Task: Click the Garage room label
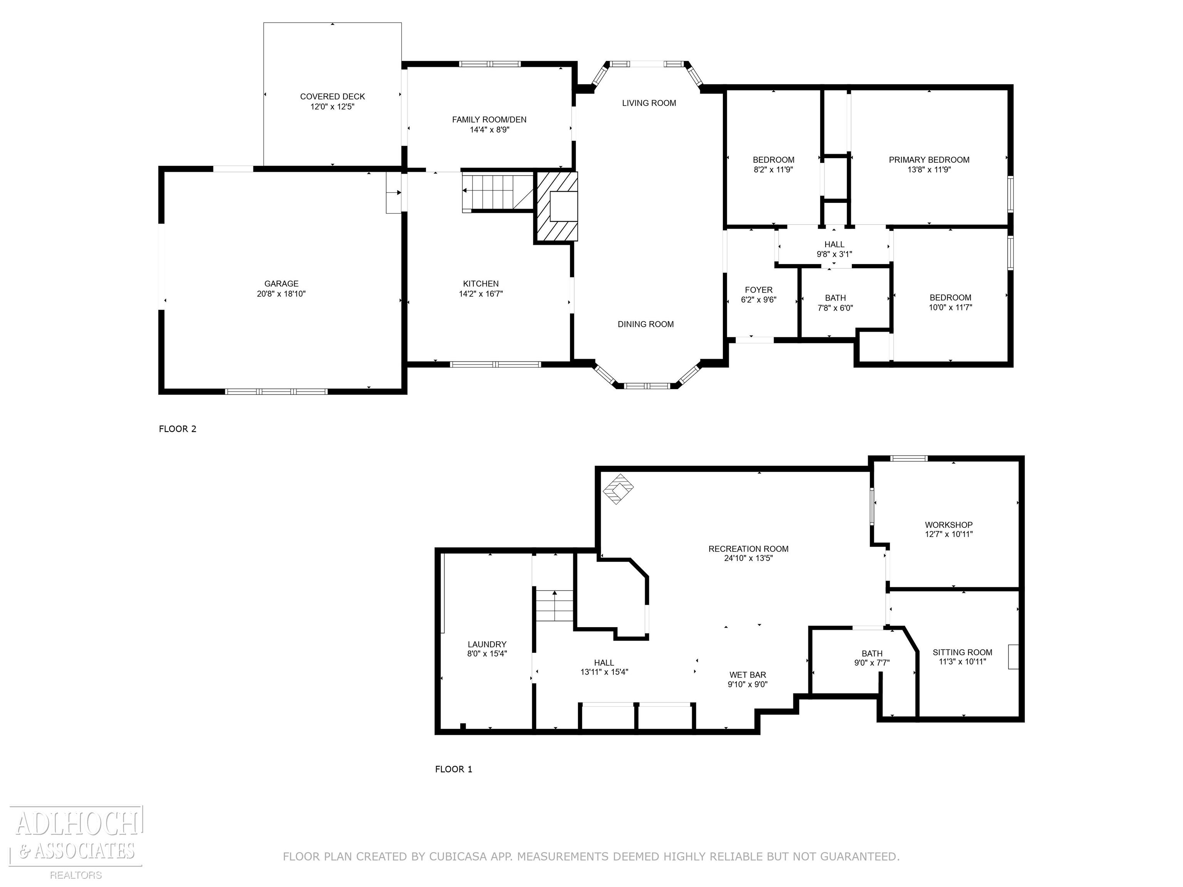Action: point(282,283)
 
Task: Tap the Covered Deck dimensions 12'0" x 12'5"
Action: point(333,106)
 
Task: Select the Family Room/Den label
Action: point(489,120)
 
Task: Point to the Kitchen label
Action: point(481,283)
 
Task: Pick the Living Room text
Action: point(649,103)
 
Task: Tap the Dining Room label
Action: point(645,324)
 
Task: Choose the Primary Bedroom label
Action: point(929,160)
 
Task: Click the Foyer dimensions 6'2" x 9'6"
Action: point(758,300)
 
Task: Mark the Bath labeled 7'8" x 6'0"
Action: point(835,303)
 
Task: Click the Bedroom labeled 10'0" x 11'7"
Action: point(950,303)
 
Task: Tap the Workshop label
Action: point(949,525)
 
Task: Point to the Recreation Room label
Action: point(748,549)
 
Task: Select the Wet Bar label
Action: point(748,675)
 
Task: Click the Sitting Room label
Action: point(962,652)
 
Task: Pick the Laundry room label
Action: point(487,644)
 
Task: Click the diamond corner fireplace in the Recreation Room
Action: point(619,489)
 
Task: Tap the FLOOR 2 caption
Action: point(178,429)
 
